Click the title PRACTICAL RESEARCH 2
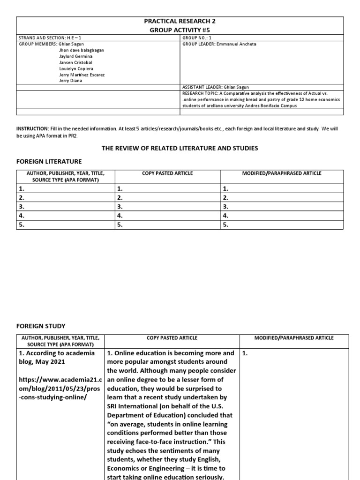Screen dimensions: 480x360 (x=180, y=22)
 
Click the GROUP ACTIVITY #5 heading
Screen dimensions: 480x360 (x=180, y=30)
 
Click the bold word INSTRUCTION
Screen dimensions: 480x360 (x=32, y=128)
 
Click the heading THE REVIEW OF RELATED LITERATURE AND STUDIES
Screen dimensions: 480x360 (x=180, y=148)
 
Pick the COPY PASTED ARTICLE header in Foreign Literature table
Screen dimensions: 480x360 (x=167, y=173)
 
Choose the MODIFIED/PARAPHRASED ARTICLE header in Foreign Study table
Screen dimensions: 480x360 (x=294, y=337)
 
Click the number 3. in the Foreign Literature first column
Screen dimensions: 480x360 (x=21, y=206)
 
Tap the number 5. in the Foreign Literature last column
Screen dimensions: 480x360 (x=226, y=225)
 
